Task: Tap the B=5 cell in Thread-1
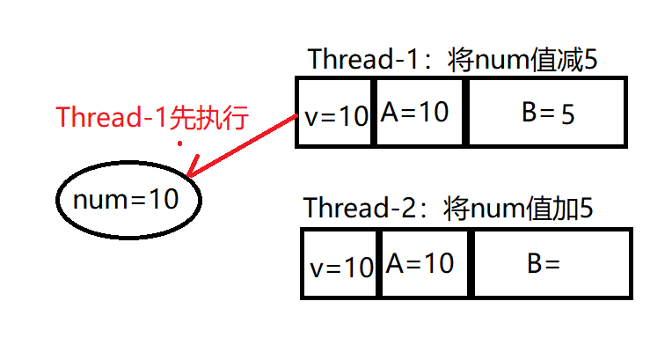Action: click(545, 112)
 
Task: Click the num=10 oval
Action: click(129, 200)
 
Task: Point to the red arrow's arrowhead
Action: click(193, 174)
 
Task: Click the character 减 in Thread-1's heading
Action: click(574, 60)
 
